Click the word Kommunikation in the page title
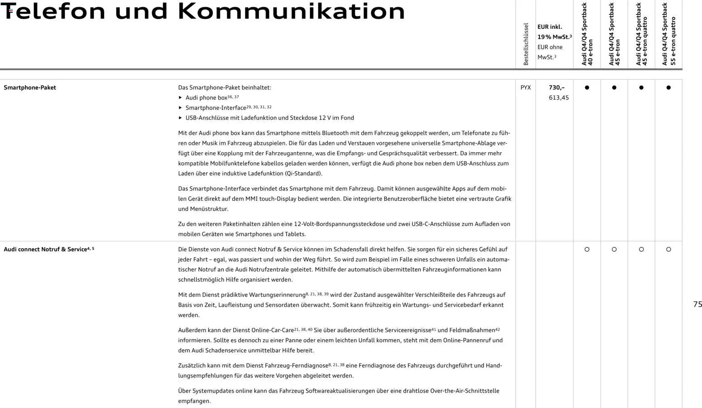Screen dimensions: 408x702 point(291,11)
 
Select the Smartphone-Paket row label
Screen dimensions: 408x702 point(30,87)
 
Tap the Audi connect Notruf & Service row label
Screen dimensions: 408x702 point(45,250)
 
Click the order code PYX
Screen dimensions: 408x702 point(525,87)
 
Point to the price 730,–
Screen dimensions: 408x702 point(557,87)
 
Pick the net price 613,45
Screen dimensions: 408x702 point(558,98)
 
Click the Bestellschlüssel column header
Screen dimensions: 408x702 point(526,44)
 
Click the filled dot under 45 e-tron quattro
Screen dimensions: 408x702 point(641,87)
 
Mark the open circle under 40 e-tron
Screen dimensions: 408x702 point(587,250)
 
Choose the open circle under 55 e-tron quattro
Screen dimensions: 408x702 point(668,250)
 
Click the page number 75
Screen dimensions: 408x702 point(697,304)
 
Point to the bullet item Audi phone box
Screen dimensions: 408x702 point(206,98)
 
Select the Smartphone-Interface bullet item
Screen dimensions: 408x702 point(216,108)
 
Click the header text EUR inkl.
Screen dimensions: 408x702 point(549,27)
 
